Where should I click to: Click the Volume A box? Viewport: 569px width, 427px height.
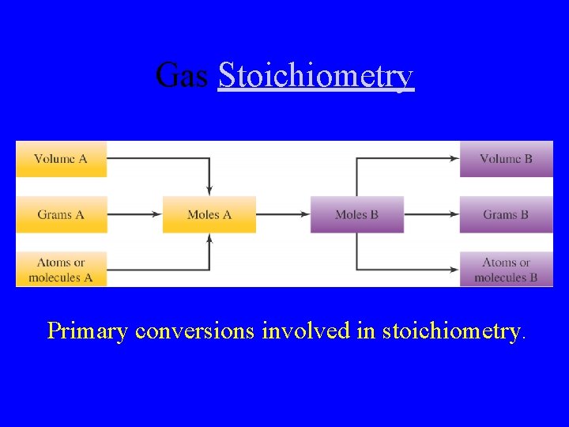coord(61,159)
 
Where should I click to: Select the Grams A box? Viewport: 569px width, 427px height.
coord(61,214)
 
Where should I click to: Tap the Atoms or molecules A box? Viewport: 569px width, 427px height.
coord(61,270)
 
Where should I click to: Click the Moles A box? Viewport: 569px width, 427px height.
coord(209,214)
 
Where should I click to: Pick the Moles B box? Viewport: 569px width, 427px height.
coord(356,214)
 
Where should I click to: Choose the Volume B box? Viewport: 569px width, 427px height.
coord(506,159)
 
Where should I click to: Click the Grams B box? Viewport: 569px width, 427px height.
coord(506,214)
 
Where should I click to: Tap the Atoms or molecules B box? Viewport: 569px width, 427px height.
coord(506,270)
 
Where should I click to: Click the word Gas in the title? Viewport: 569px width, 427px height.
coord(182,76)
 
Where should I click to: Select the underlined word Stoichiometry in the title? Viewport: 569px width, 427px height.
coord(315,76)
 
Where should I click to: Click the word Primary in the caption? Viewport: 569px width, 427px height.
coord(87,330)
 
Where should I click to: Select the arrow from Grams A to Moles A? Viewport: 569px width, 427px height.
coord(134,214)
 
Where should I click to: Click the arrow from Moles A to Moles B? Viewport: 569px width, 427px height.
coord(283,214)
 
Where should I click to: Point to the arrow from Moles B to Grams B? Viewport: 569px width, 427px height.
coord(431,214)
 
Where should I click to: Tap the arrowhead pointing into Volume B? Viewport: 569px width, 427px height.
coord(455,159)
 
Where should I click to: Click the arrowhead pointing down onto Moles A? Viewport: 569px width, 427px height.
coord(209,191)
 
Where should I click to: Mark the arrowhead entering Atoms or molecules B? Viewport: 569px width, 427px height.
coord(455,270)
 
